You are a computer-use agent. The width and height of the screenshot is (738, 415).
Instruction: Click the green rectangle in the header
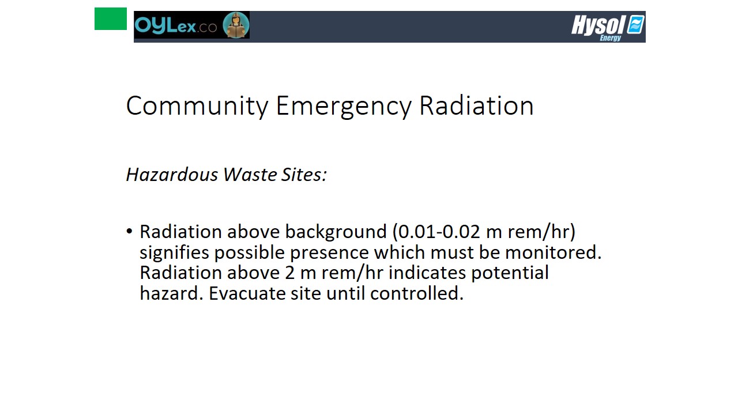tap(110, 19)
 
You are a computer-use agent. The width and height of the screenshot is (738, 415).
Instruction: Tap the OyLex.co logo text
tap(176, 26)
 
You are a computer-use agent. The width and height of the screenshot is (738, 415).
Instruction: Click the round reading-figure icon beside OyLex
tap(236, 25)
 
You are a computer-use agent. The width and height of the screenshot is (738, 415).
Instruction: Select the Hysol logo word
tap(598, 25)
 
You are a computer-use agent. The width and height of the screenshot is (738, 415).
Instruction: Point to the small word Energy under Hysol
tap(611, 38)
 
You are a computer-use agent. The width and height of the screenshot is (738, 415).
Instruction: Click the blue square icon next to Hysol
tap(635, 24)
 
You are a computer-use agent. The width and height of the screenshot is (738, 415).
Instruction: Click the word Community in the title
tap(197, 106)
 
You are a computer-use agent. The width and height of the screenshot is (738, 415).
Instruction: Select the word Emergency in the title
tap(344, 106)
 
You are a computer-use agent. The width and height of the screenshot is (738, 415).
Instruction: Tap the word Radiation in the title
tap(476, 105)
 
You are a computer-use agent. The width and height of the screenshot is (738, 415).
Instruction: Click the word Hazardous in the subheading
tap(172, 174)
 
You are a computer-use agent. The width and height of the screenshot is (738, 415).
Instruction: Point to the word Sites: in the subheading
tap(304, 174)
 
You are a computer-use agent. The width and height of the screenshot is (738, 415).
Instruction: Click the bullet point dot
tap(129, 231)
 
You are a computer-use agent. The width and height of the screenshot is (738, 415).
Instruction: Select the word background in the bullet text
tap(336, 232)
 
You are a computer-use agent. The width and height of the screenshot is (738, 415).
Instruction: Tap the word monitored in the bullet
tap(553, 252)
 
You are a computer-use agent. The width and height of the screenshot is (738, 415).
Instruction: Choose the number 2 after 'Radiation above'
tap(290, 273)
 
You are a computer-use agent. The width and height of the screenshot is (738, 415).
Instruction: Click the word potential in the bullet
tap(510, 273)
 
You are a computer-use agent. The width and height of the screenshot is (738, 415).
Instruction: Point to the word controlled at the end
tap(416, 293)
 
